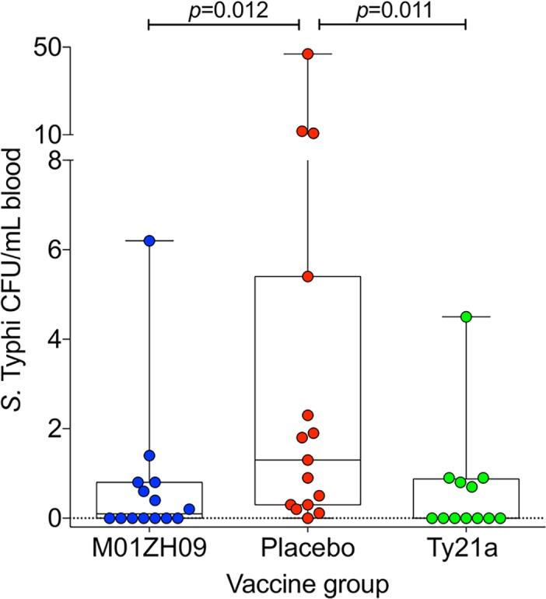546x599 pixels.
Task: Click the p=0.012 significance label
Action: click(223, 11)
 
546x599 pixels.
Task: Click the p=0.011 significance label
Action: click(392, 11)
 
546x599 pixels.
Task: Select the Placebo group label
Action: click(307, 549)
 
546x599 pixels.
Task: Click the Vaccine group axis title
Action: click(307, 582)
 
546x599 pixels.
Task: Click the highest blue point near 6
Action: click(149, 241)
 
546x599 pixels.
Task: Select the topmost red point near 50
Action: click(308, 54)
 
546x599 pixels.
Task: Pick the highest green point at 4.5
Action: click(467, 317)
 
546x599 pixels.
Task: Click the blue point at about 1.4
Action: click(149, 455)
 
